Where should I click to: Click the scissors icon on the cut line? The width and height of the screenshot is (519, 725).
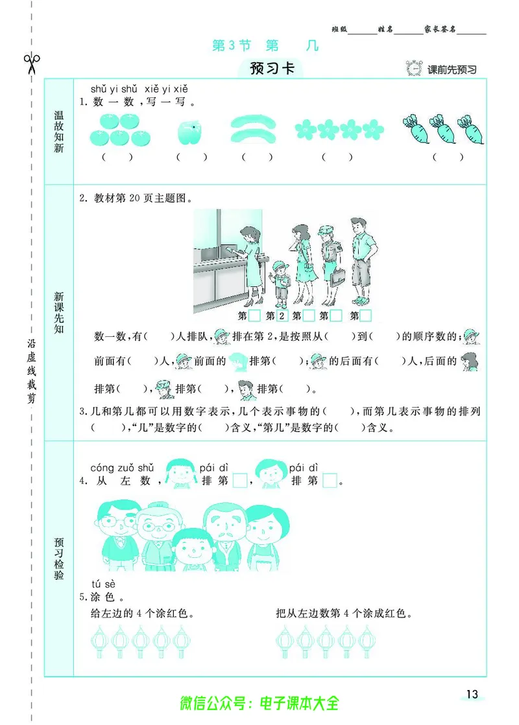(32, 63)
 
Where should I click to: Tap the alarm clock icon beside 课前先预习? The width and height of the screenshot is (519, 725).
(414, 68)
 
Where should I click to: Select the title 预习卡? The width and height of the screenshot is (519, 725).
(273, 68)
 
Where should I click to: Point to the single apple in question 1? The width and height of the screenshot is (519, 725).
(189, 132)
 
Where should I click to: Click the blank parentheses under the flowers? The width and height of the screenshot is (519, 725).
(337, 157)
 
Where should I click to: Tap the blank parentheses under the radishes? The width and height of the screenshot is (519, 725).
(449, 157)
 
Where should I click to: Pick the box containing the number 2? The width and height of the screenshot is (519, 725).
(282, 316)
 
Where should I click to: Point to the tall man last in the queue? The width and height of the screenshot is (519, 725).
(362, 259)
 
